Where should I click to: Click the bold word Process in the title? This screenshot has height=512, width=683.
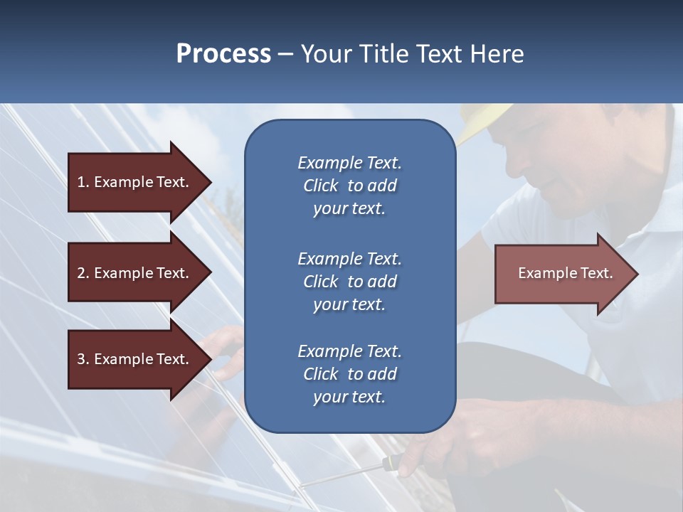(x=223, y=54)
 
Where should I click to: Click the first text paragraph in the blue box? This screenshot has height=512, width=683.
(x=349, y=186)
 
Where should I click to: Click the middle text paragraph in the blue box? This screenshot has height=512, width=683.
(x=349, y=282)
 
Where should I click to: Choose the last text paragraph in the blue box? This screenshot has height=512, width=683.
(x=349, y=374)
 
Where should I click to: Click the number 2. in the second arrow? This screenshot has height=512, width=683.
(x=83, y=273)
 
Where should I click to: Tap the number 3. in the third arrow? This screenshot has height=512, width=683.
(x=83, y=359)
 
